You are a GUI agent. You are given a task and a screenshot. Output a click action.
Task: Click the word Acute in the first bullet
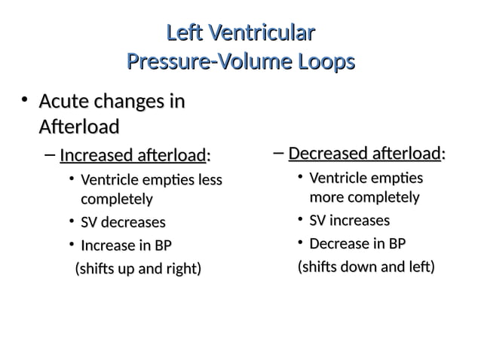click(x=63, y=102)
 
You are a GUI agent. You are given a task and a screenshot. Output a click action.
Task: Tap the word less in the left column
click(x=209, y=181)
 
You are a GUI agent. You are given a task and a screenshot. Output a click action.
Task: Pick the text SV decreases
click(x=122, y=222)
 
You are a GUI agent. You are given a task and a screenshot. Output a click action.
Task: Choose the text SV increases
click(x=349, y=221)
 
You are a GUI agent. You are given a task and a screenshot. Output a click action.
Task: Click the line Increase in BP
click(x=125, y=245)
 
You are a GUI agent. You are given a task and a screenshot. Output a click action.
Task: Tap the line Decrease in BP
click(x=357, y=243)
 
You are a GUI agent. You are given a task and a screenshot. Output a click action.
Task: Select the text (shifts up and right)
click(x=136, y=268)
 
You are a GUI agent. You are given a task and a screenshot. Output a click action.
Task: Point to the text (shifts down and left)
click(x=366, y=267)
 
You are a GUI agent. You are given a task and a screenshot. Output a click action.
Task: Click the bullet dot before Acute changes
click(x=24, y=100)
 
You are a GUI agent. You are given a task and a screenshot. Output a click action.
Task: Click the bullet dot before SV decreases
click(x=70, y=221)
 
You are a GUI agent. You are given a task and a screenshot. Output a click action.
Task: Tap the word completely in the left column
click(x=116, y=200)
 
